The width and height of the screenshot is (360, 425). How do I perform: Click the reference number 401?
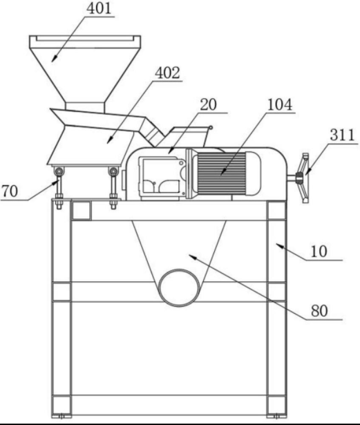[x=99, y=8]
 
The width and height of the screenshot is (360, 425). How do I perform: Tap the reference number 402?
[x=167, y=73]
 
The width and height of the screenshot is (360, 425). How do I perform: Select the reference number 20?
[x=208, y=104]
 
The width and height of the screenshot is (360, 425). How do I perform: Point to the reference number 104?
[x=280, y=104]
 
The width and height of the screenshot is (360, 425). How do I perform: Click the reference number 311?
[x=342, y=135]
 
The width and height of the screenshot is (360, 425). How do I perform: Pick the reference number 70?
[x=10, y=191]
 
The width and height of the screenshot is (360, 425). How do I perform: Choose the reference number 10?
[x=319, y=252]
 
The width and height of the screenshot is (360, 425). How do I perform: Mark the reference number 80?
[x=319, y=310]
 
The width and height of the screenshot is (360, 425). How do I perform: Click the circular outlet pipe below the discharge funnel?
[x=179, y=288]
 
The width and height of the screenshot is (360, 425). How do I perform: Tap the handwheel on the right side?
[x=303, y=178]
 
